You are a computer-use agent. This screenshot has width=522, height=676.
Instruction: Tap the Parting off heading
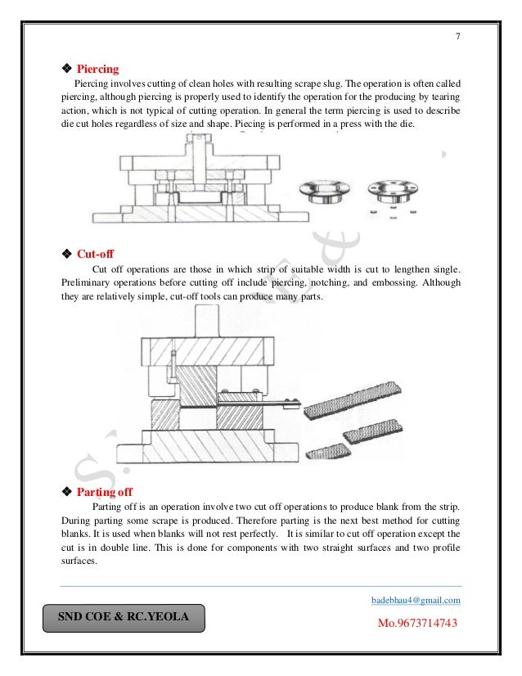pos(105,492)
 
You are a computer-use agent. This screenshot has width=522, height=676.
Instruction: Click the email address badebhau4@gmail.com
pos(416,600)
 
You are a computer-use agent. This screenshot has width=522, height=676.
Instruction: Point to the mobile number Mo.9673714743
pos(416,624)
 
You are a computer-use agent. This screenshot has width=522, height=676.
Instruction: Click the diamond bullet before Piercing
pos(67,69)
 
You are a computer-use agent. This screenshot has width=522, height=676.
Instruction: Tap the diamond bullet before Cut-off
pos(67,254)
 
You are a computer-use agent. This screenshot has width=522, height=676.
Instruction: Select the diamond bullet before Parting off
pos(67,492)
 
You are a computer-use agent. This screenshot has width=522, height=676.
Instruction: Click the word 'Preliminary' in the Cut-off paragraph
pos(85,283)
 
